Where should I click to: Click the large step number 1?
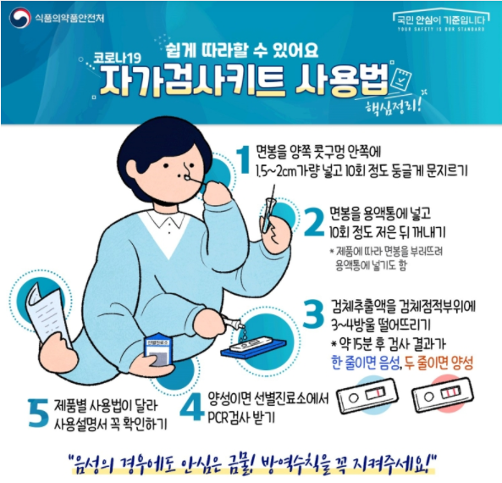coord(244,159)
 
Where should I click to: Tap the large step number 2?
coord(314,222)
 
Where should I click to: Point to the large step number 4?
coord(192,408)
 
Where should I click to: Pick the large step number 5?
coord(38,414)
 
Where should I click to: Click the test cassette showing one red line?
coord(368,395)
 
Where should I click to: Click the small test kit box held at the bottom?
coord(157,350)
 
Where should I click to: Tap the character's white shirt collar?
coord(167,219)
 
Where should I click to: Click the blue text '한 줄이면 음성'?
coord(365,364)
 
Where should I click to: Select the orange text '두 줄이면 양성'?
coord(439,364)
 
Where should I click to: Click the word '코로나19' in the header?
coord(117,58)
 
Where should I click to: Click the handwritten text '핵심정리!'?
coord(394,106)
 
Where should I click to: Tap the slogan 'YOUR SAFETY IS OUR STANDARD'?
coord(441,30)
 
